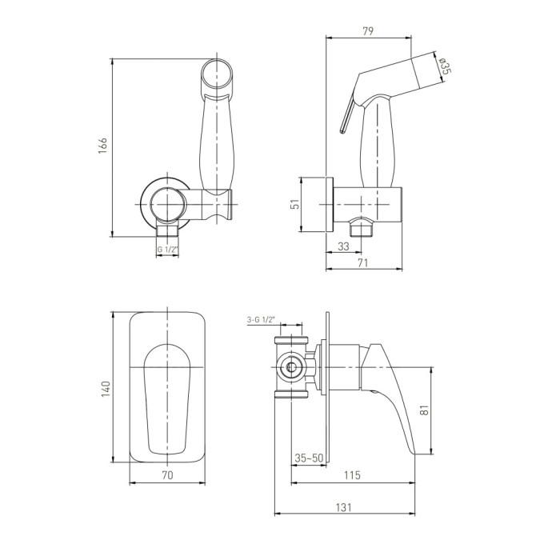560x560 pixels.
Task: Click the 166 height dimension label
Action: point(102,145)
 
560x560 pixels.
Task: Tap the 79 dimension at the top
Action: point(368,31)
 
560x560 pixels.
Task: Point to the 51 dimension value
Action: point(295,204)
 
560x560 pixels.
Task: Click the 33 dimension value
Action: point(343,246)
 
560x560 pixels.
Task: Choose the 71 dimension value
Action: point(362,263)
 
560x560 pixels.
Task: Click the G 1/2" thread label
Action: point(167,250)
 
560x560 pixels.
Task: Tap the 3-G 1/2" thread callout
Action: point(261,320)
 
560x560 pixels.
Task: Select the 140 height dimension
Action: point(106,389)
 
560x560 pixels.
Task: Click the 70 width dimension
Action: point(167,474)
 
